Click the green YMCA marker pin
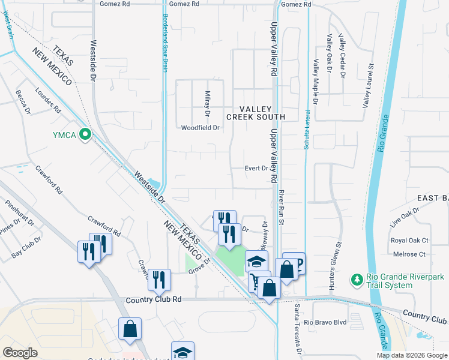click(x=85, y=135)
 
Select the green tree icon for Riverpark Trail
click(x=355, y=279)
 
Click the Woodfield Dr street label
click(x=200, y=128)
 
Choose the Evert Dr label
click(x=256, y=169)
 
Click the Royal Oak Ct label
click(x=409, y=241)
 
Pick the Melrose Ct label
click(x=409, y=254)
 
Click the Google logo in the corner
click(x=20, y=353)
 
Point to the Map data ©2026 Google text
click(x=411, y=355)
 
